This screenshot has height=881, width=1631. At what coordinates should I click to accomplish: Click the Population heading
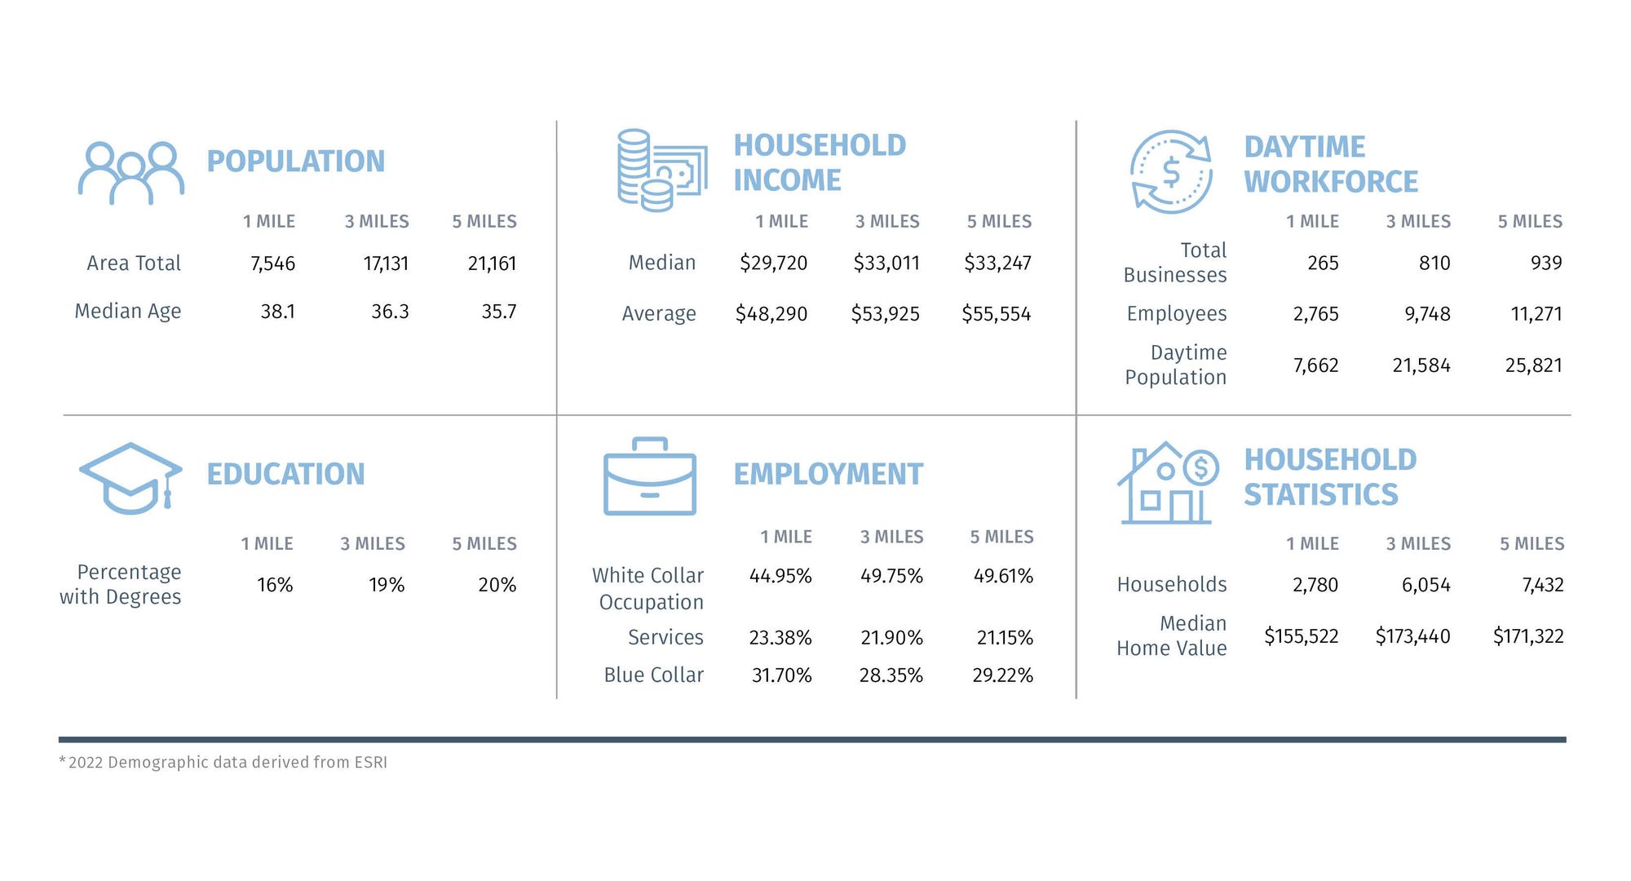pyautogui.click(x=295, y=162)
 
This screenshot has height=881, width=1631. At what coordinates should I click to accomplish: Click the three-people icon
pyautogui.click(x=130, y=173)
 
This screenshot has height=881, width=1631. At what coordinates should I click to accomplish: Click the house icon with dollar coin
pyautogui.click(x=1167, y=484)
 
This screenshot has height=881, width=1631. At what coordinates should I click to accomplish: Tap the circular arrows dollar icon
pyautogui.click(x=1171, y=172)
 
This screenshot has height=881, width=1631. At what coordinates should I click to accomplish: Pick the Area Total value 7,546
pyautogui.click(x=272, y=263)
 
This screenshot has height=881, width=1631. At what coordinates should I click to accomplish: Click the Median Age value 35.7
pyautogui.click(x=498, y=312)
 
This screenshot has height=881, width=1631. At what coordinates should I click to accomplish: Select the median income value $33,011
pyautogui.click(x=886, y=263)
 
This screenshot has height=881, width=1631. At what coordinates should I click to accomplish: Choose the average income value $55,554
pyautogui.click(x=996, y=314)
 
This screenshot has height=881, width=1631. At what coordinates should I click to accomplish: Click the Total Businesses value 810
pyautogui.click(x=1434, y=263)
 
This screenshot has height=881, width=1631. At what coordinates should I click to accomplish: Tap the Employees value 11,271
pyautogui.click(x=1536, y=314)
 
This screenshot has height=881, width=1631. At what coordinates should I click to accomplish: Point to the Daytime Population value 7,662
pyautogui.click(x=1315, y=365)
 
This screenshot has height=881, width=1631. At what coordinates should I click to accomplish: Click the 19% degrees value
pyautogui.click(x=386, y=585)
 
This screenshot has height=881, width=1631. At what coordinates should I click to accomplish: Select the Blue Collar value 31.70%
pyautogui.click(x=781, y=675)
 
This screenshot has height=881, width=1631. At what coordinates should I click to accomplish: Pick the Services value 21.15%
pyautogui.click(x=1004, y=638)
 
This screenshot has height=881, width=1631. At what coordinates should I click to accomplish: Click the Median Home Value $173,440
pyautogui.click(x=1412, y=636)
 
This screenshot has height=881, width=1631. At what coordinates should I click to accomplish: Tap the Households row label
pyautogui.click(x=1171, y=584)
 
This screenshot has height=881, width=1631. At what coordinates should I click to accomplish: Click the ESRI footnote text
pyautogui.click(x=223, y=762)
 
